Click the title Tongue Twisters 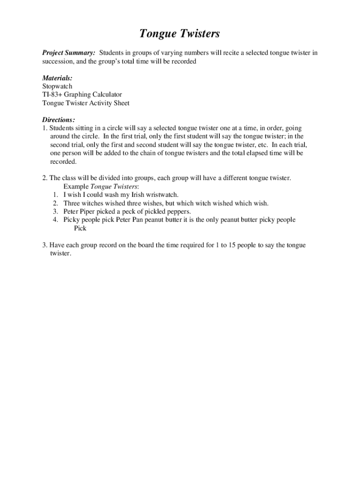(x=180, y=34)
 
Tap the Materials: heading (x=57, y=78)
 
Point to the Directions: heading (x=58, y=120)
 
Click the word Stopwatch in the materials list (x=57, y=87)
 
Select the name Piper (x=90, y=211)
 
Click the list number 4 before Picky (x=55, y=220)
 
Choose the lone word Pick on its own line (x=80, y=228)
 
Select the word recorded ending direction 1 (x=63, y=161)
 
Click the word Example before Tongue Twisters (x=76, y=186)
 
